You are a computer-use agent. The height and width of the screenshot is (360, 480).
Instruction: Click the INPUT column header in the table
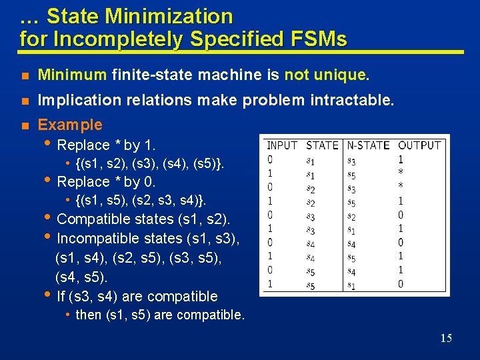pyautogui.click(x=282, y=145)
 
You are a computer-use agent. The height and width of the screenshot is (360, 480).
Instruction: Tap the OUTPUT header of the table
pyautogui.click(x=419, y=145)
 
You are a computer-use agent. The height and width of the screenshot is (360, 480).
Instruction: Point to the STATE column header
pyautogui.click(x=322, y=145)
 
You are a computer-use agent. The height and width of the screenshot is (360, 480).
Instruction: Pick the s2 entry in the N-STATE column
pyautogui.click(x=351, y=217)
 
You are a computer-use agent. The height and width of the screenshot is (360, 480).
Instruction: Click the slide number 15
pyautogui.click(x=446, y=339)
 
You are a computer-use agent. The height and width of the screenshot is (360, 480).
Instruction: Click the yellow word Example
pyautogui.click(x=70, y=125)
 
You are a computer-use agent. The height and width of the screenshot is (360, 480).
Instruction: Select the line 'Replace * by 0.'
pyautogui.click(x=107, y=181)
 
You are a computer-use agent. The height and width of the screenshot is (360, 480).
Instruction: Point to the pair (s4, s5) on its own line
pyautogui.click(x=81, y=276)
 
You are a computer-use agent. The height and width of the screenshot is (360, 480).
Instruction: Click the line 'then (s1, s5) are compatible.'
pyautogui.click(x=160, y=314)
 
